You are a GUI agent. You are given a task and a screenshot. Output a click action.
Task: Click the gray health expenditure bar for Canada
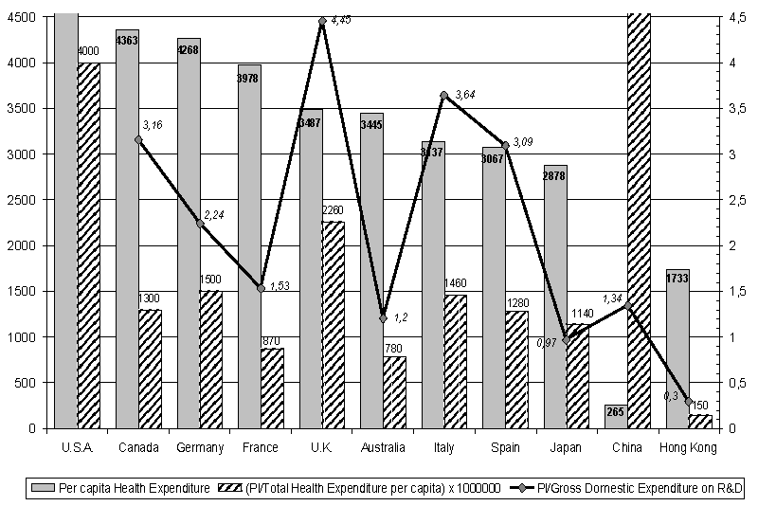[127, 237]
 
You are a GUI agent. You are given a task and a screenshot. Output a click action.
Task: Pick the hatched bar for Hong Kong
[700, 422]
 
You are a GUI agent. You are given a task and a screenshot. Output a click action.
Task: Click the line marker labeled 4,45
[322, 21]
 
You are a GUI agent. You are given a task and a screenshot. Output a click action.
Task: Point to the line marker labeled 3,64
[443, 95]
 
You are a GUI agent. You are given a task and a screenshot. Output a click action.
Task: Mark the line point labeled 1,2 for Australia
[383, 318]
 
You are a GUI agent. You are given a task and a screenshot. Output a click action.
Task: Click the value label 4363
[127, 40]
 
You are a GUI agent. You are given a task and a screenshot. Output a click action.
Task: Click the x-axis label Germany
[200, 447]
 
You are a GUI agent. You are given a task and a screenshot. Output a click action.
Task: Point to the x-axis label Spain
[505, 447]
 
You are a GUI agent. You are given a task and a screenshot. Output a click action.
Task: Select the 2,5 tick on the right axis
[732, 200]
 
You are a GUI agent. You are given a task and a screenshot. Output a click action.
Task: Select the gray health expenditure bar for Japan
[555, 303]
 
